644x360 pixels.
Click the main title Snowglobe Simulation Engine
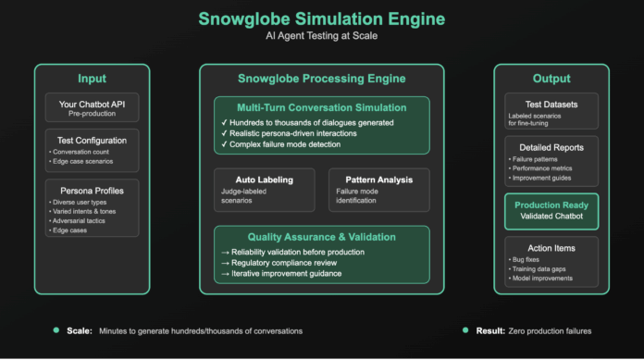(321, 19)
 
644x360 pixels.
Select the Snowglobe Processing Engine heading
(321, 79)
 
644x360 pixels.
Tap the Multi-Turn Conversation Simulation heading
(321, 108)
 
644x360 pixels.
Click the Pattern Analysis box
(378, 185)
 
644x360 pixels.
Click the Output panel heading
(551, 79)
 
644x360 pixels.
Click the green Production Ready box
(551, 211)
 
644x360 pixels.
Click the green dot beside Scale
(56, 330)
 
